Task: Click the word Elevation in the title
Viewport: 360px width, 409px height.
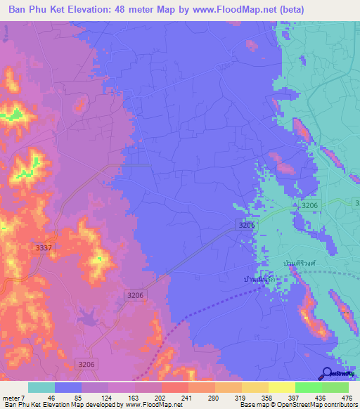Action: tap(98, 10)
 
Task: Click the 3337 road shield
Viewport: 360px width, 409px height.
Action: tap(42, 247)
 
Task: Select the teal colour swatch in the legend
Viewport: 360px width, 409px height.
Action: tap(41, 387)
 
